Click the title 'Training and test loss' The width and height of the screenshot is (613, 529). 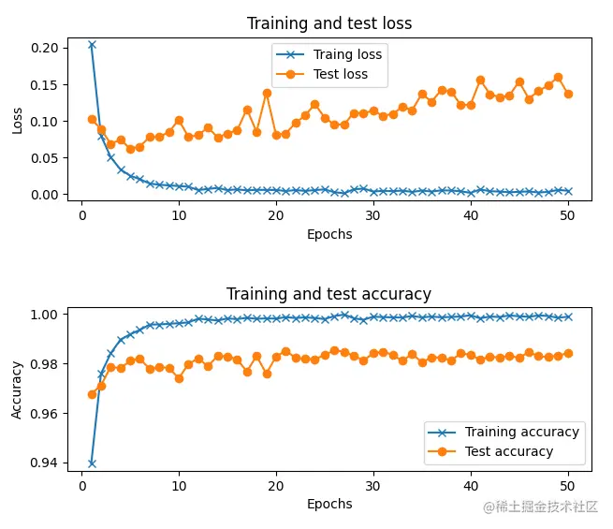point(329,23)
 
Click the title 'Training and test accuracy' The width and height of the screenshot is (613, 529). point(329,294)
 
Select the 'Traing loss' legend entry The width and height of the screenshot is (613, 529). point(347,54)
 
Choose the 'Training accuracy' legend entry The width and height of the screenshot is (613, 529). point(522,432)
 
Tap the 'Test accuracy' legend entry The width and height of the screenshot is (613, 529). point(509,451)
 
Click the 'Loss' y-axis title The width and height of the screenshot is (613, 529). point(18,120)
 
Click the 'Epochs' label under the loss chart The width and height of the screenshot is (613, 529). point(329,234)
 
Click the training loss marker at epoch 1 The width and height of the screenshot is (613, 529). point(92,44)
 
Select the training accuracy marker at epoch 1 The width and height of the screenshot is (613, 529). point(92,463)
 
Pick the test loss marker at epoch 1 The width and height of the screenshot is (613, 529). point(92,119)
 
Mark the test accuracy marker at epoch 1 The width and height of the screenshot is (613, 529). point(92,394)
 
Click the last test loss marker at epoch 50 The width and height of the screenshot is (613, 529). point(568,94)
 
